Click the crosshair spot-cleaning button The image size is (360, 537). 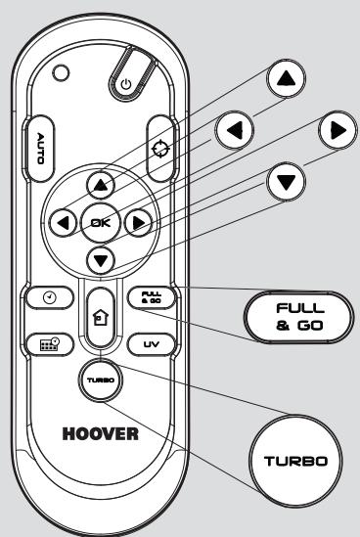[x=162, y=147]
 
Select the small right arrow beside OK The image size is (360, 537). [x=141, y=223]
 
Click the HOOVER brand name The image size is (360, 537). [x=103, y=431]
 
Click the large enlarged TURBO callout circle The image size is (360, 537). [x=294, y=460]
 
